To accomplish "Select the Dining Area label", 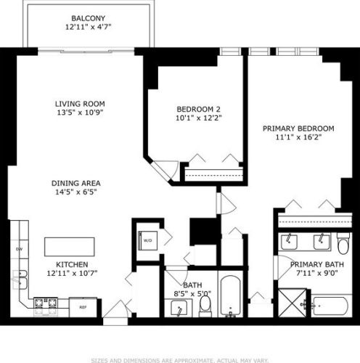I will tap(75, 183).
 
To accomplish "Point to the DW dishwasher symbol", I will tap(19, 249).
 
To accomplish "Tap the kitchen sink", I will tap(21, 277).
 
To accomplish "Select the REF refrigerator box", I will tap(83, 307).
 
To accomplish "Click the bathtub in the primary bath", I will tap(331, 306).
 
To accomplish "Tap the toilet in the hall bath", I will tap(205, 308).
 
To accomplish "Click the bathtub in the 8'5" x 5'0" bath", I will tap(229, 300).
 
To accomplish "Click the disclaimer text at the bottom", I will tap(179, 358).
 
